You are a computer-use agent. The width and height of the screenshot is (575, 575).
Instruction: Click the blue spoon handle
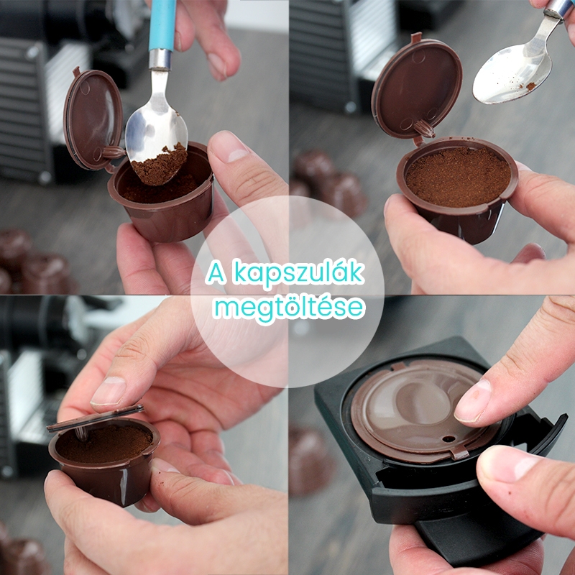click(162, 25)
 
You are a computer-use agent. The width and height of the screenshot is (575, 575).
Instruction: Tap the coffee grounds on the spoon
click(160, 165)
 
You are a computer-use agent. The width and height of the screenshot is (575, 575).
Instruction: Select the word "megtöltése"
click(290, 308)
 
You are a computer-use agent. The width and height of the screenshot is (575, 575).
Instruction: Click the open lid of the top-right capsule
click(417, 88)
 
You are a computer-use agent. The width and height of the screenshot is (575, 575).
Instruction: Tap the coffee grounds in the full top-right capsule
click(458, 176)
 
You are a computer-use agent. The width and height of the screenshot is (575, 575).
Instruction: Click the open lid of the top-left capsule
click(93, 119)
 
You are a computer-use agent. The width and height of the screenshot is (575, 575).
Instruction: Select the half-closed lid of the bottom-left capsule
click(95, 418)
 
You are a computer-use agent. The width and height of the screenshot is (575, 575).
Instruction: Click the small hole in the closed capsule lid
click(448, 438)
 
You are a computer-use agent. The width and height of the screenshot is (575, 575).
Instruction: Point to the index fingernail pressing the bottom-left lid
click(109, 391)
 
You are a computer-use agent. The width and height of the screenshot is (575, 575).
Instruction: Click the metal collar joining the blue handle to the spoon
click(160, 59)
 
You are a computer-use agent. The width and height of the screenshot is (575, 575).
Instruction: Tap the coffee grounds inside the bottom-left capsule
click(104, 443)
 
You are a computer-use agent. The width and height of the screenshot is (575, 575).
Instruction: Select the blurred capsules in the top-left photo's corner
click(34, 262)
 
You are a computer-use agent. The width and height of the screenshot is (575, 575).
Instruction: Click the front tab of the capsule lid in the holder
click(459, 454)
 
